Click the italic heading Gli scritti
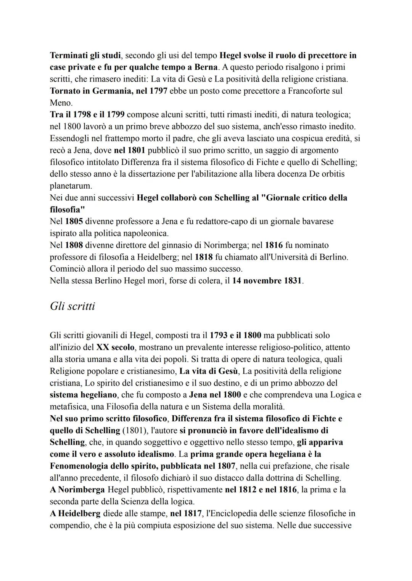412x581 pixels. coord(72,306)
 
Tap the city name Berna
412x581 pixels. coord(206,67)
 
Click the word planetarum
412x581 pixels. coord(71,186)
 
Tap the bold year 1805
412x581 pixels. coord(74,221)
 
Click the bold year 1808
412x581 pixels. coord(74,245)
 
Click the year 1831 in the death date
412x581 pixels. coord(293,281)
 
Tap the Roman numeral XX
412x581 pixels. coord(102,347)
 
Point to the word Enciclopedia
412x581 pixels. coord(232,514)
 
